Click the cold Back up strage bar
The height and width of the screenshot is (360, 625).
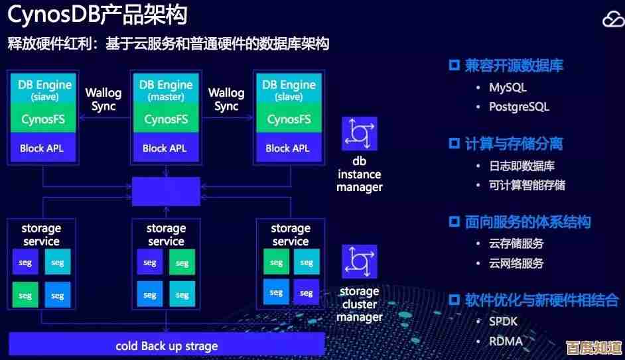point(167,345)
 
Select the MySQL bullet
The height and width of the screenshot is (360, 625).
point(508,87)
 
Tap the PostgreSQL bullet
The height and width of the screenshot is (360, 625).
point(519,107)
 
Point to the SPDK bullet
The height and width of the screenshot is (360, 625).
point(503,321)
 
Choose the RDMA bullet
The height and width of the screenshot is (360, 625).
point(506,341)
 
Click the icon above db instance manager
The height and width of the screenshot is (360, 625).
point(360,134)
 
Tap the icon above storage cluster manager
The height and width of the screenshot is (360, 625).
point(360,262)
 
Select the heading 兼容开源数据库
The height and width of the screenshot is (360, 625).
point(514,66)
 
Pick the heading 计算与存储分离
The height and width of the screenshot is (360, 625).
point(514,143)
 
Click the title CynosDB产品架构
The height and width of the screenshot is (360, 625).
point(97,14)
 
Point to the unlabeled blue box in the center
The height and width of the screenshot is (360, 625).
point(166,192)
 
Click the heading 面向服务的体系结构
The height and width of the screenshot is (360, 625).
point(527,221)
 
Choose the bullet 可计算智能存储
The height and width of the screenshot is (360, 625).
point(527,185)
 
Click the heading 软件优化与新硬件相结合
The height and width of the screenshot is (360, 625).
point(541,300)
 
